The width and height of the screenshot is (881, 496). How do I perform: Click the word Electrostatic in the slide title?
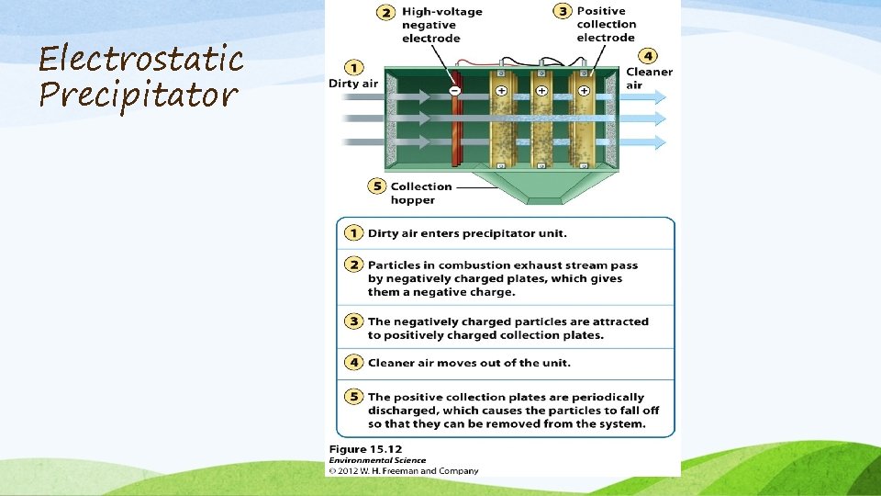point(140,60)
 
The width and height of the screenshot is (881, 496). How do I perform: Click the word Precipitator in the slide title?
point(138,94)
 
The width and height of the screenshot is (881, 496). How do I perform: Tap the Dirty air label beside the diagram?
point(353,84)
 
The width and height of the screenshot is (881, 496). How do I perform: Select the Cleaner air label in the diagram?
point(649,78)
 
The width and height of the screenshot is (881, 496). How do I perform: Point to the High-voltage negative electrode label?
point(441,25)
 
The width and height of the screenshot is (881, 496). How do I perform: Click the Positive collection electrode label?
point(606,25)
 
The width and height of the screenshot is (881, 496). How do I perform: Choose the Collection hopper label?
point(421,193)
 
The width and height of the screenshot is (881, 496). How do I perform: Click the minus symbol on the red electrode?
point(454,91)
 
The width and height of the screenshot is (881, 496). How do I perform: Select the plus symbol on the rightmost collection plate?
point(583,91)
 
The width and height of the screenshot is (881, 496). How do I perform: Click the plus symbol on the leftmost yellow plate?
point(502,91)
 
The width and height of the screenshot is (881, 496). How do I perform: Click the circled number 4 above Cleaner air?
point(649,56)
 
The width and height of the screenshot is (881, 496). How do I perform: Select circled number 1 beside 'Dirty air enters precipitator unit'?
point(353,233)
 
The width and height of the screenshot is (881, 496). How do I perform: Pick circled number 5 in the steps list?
point(353,397)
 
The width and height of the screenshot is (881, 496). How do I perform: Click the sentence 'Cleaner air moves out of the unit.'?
point(469,363)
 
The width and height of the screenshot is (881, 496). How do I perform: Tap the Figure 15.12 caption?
point(366,449)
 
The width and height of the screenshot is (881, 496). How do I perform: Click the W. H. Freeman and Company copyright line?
point(404,471)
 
